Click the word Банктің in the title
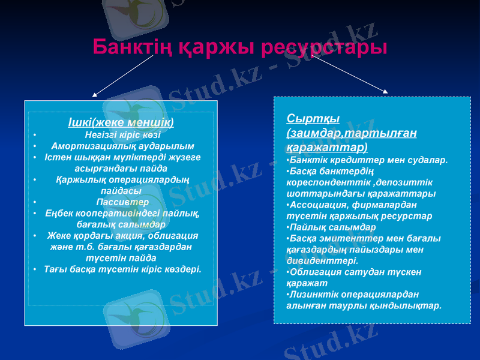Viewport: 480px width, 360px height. (x=127, y=47)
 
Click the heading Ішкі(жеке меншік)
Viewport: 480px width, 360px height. (x=121, y=122)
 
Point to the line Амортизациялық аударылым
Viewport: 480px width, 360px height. (x=122, y=146)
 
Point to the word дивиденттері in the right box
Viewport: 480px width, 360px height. (x=323, y=261)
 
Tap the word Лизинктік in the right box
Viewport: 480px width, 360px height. (x=312, y=294)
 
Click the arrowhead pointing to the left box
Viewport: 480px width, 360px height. (x=95, y=94)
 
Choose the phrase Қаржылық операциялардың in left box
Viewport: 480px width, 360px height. (x=122, y=179)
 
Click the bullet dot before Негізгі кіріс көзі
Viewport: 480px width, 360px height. (x=35, y=135)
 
